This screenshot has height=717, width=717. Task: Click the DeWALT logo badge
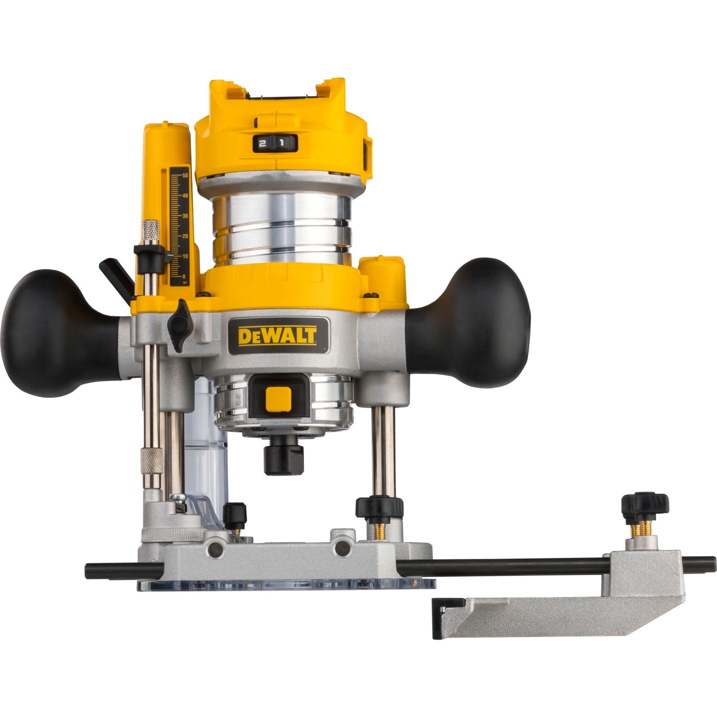coord(277,336)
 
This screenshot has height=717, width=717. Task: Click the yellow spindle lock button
coord(278,399)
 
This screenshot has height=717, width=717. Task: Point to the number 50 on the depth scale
coord(185,176)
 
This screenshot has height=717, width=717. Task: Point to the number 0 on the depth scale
coord(184,276)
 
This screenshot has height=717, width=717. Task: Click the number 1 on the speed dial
coord(281,143)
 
